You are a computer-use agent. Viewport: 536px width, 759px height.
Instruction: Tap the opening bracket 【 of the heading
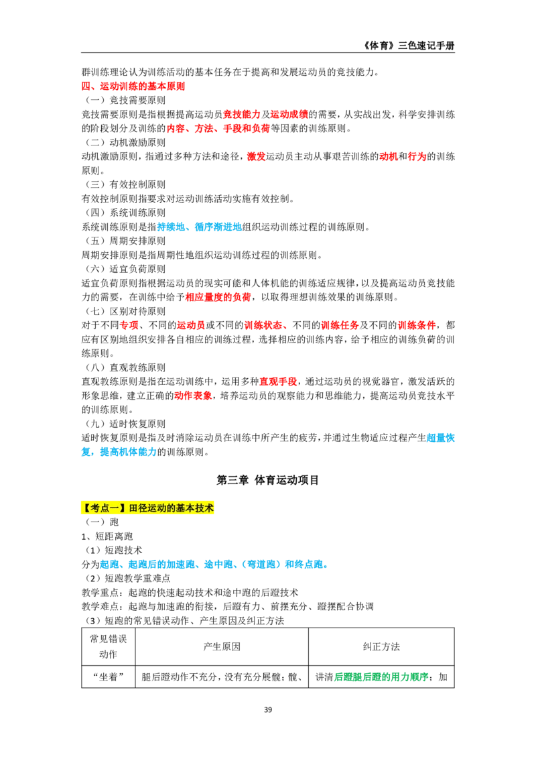tap(85, 508)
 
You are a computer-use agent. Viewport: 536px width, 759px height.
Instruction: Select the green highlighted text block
tap(381, 678)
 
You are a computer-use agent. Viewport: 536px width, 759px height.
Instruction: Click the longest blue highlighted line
tap(212, 565)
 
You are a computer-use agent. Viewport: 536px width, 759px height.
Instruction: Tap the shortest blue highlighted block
tap(440, 438)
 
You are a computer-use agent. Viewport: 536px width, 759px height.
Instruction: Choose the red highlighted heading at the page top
tap(133, 86)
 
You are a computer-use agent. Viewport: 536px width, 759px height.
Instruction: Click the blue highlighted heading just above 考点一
tap(118, 453)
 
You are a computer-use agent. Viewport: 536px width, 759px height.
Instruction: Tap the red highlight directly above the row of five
tap(217, 297)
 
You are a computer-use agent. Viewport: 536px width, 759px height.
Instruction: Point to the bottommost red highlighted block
tap(193, 396)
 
